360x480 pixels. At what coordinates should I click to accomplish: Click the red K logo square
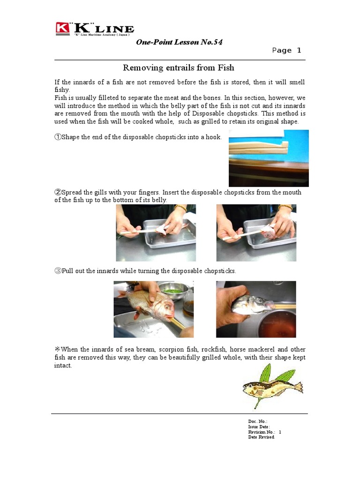coord(62,28)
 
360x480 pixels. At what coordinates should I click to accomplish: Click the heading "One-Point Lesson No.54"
coord(179,42)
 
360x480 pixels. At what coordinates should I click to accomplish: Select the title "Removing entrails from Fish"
coord(178,68)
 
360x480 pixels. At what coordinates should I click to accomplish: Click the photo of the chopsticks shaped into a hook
coord(269,158)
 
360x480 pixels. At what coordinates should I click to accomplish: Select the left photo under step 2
coord(156,232)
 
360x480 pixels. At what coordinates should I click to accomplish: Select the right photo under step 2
coord(256,232)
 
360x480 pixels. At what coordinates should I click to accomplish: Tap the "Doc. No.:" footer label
coord(257,422)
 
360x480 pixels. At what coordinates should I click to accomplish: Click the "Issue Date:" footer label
coord(259,427)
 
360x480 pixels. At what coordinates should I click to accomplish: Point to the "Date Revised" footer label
coord(261,437)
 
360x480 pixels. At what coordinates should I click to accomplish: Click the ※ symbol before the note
coord(58,350)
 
